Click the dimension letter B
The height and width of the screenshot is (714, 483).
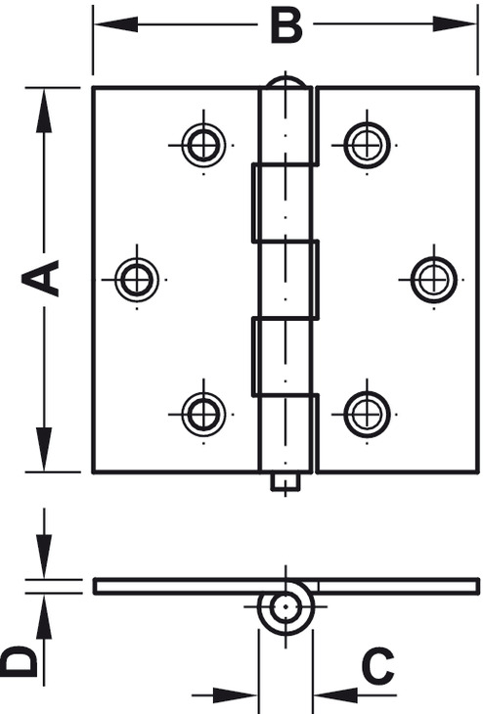285,26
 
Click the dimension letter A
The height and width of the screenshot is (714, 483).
40,278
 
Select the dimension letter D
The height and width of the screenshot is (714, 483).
20,661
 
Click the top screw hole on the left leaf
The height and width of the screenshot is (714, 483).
203,146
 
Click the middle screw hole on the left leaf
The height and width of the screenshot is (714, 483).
137,279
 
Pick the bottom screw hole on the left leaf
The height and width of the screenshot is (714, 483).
203,415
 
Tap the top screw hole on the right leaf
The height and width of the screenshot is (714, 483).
367,146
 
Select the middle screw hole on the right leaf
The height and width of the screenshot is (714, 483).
434,279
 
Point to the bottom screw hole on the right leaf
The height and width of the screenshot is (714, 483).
367,415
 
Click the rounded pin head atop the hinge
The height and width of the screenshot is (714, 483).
285,82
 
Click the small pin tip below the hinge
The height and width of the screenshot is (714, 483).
285,482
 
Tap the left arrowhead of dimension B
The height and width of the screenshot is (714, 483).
115,24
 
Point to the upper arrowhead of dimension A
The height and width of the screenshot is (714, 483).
44,111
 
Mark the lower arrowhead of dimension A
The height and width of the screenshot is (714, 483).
44,449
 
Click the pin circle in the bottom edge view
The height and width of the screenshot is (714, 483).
285,607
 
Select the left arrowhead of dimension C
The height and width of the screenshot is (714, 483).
236,695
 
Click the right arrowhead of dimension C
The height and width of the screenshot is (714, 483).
336,695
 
